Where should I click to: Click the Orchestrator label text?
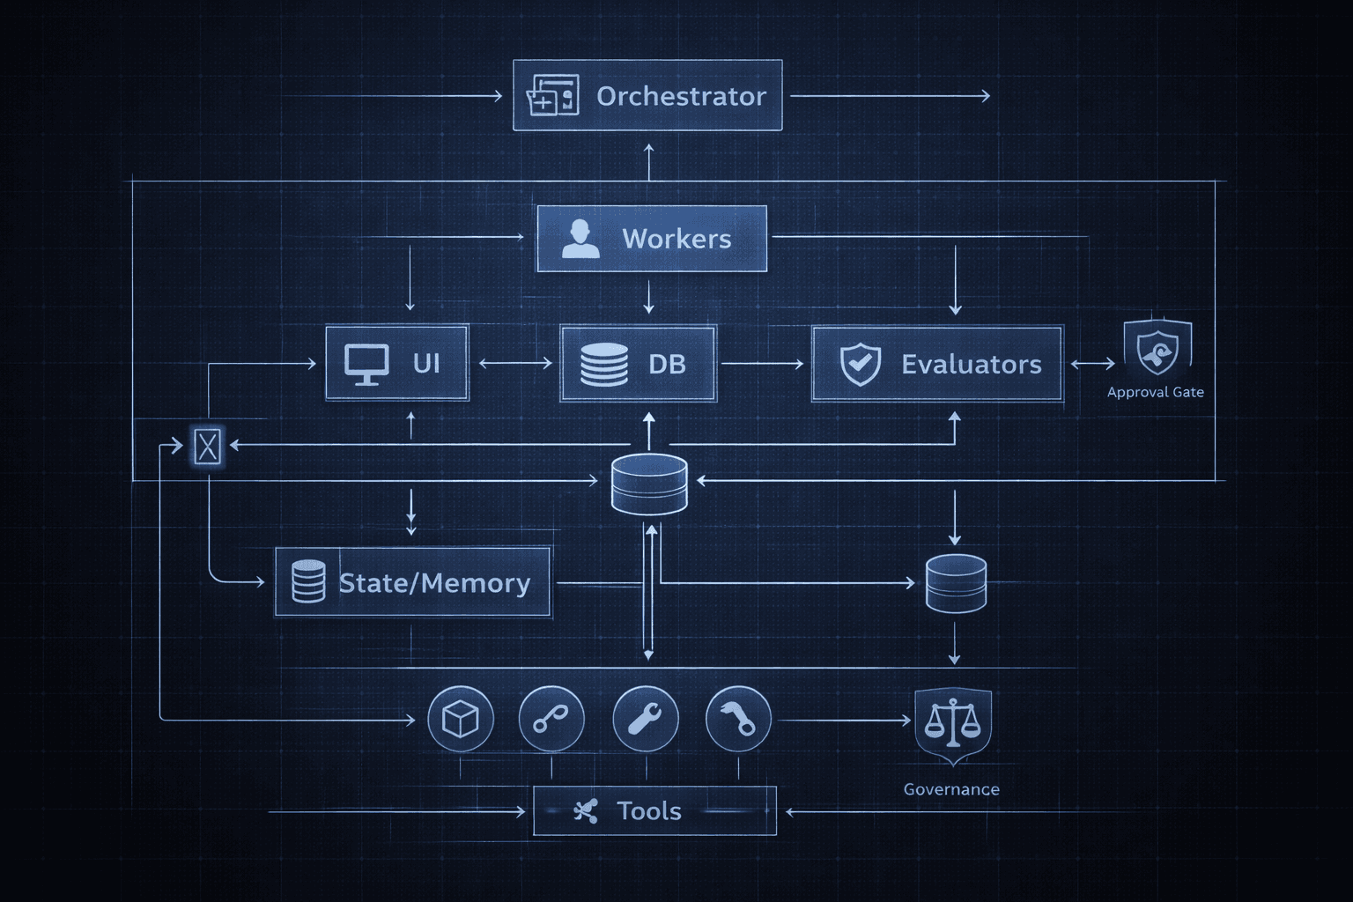(x=681, y=96)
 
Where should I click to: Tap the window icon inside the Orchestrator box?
(x=552, y=96)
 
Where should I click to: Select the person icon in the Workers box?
(x=580, y=239)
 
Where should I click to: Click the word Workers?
(x=676, y=239)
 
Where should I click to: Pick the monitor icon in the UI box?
(x=366, y=364)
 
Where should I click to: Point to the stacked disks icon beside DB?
(x=604, y=364)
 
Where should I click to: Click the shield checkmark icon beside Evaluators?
(x=860, y=364)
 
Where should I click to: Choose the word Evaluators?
(x=971, y=364)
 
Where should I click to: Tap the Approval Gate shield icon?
(x=1157, y=350)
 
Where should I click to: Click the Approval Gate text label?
(x=1155, y=392)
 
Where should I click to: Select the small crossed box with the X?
(x=208, y=446)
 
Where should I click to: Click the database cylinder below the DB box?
(x=649, y=484)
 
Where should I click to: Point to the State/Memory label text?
(x=434, y=583)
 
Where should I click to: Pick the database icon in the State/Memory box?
(x=308, y=581)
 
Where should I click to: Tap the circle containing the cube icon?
(x=460, y=720)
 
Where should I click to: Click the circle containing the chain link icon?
(x=551, y=720)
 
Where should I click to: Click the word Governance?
(x=951, y=789)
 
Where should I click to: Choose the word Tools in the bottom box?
(x=649, y=810)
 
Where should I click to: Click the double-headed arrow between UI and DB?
(x=515, y=363)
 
